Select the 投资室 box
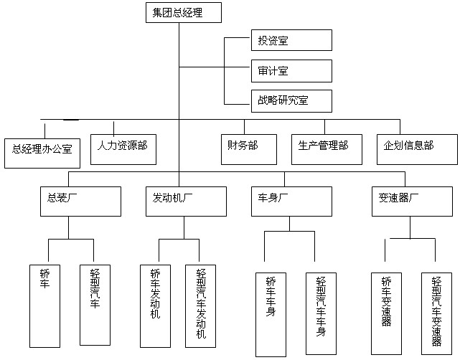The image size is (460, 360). (291, 40)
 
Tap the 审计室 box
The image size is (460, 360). (291, 71)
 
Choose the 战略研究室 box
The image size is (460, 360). (291, 101)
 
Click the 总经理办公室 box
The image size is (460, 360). (42, 149)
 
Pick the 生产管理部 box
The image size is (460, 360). (324, 146)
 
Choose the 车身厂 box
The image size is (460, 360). (291, 202)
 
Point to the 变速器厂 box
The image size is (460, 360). (405, 202)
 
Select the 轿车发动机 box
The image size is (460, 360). (156, 307)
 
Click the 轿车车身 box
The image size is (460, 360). (271, 315)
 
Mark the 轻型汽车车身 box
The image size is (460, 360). (321, 315)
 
